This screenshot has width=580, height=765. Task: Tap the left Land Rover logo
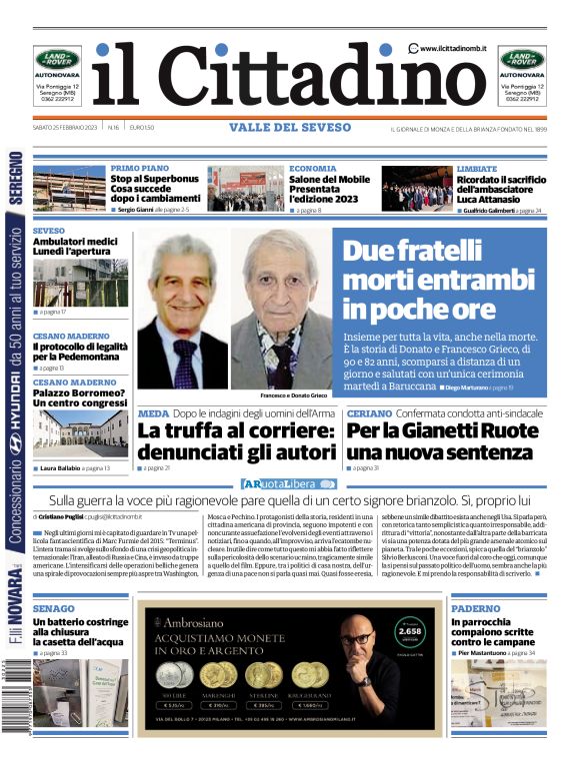point(58,59)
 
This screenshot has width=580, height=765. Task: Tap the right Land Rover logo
point(522,59)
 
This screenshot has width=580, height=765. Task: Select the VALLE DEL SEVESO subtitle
point(290,128)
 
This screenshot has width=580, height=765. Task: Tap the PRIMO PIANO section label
point(140,169)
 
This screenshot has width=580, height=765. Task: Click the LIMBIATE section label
point(477,169)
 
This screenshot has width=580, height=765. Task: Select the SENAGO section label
point(53,608)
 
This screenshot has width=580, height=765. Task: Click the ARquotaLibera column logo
point(290,484)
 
